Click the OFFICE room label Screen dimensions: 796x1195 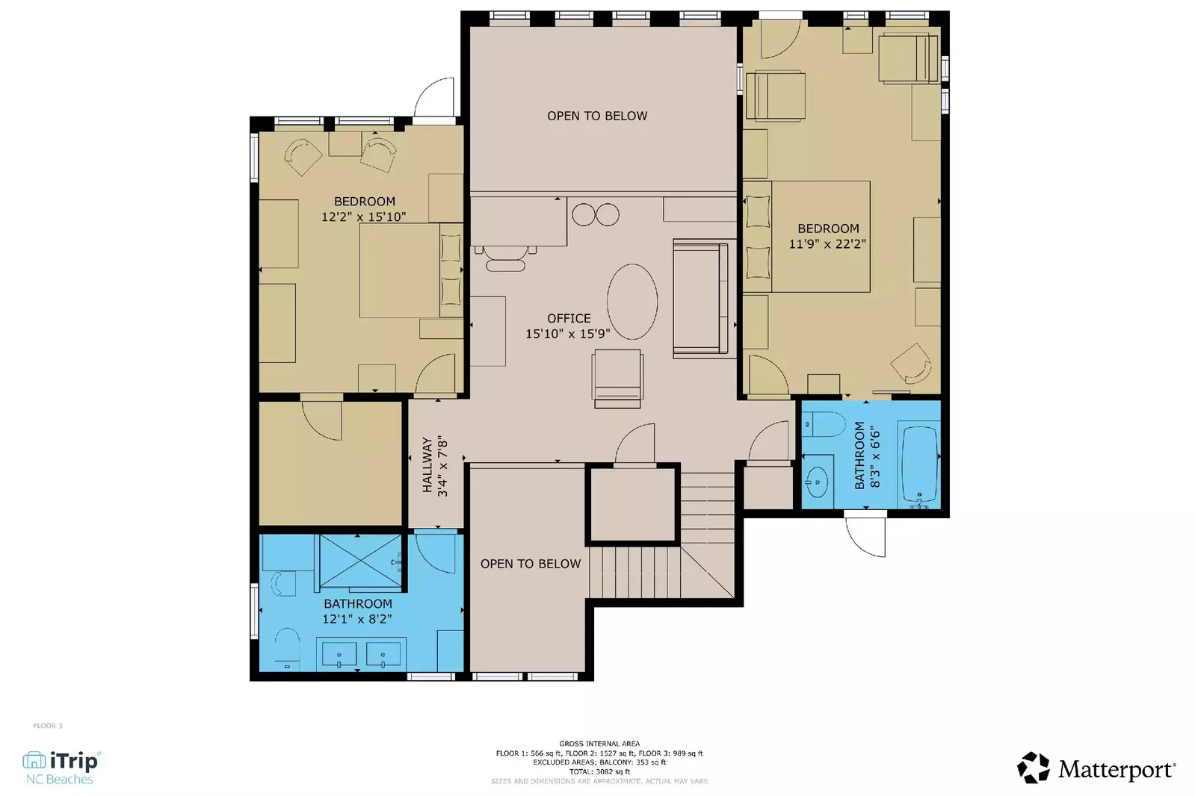click(569, 318)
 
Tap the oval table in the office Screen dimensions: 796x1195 click(632, 302)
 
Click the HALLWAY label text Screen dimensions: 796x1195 click(427, 465)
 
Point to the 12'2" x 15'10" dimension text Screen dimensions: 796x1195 click(364, 217)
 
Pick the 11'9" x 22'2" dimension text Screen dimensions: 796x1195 click(827, 244)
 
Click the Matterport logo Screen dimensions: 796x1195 click(1096, 768)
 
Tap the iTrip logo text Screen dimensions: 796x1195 click(73, 761)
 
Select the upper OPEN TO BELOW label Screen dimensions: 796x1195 click(597, 116)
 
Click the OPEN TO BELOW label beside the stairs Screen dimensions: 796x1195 click(531, 564)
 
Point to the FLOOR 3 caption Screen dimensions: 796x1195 click(48, 726)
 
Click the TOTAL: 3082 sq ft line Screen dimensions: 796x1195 click(599, 772)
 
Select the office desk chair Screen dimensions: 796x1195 click(505, 258)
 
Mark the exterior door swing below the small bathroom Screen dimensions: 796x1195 click(867, 536)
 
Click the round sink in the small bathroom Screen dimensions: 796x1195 click(818, 482)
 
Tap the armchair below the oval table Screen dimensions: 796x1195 click(617, 378)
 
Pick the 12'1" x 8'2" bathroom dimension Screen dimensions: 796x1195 click(357, 619)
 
